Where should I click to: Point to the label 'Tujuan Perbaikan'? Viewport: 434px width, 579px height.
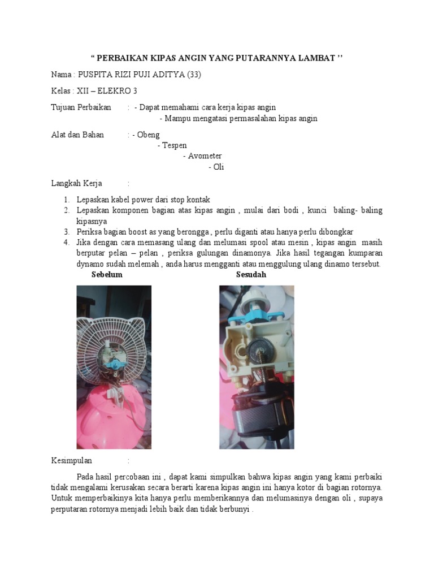pos(81,107)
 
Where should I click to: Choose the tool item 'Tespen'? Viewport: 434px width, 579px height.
pos(174,145)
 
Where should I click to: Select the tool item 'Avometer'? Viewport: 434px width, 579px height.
pos(205,156)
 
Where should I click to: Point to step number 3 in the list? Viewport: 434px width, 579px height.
pos(66,232)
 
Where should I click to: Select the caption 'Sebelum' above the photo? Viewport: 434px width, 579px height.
pos(107,275)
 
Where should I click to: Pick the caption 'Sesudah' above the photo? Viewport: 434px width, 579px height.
pos(251,275)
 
